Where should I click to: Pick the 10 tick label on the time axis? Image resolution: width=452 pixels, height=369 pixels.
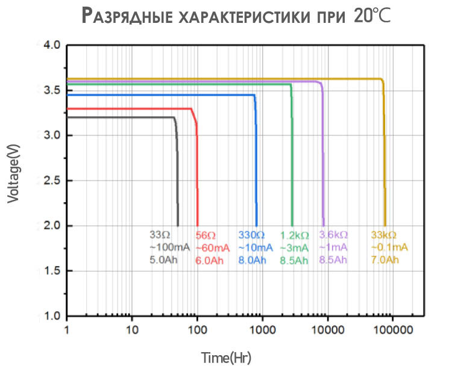[x=132, y=330]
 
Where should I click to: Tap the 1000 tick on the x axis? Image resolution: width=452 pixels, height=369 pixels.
[x=262, y=330]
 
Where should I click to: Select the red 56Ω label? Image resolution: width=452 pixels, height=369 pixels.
[x=206, y=235]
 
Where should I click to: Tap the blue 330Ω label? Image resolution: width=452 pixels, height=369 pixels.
[x=251, y=235]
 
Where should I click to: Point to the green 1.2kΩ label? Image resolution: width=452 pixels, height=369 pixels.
[x=295, y=235]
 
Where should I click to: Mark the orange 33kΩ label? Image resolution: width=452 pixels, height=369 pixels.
[x=385, y=235]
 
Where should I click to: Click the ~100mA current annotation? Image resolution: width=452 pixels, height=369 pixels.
[x=170, y=247]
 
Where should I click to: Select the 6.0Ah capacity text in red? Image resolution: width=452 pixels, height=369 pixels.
[x=210, y=260]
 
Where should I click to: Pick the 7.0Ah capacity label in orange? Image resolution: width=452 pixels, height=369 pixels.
[x=385, y=260]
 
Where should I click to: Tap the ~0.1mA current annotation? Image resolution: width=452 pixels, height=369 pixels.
[x=389, y=247]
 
